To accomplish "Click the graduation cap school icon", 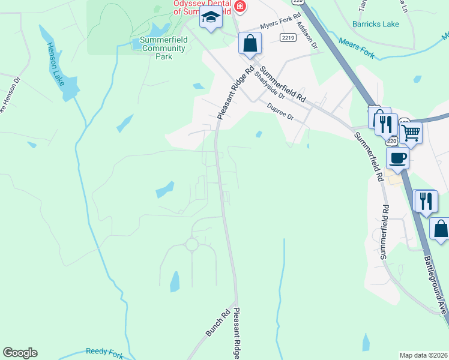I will click(211, 19).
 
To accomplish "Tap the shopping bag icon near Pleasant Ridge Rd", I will click(250, 44).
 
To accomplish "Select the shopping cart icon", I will click(411, 132).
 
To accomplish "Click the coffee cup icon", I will click(397, 158).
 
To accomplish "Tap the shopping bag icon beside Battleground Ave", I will click(441, 229).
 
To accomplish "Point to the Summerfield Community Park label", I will click(163, 48).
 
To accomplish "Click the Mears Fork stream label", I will click(357, 49).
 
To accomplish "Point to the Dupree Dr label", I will click(280, 112).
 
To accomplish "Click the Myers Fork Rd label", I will click(279, 26).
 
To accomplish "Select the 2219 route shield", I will click(287, 37).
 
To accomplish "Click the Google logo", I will click(20, 353).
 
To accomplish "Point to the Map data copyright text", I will click(423, 355).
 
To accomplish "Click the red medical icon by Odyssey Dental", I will click(240, 7).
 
